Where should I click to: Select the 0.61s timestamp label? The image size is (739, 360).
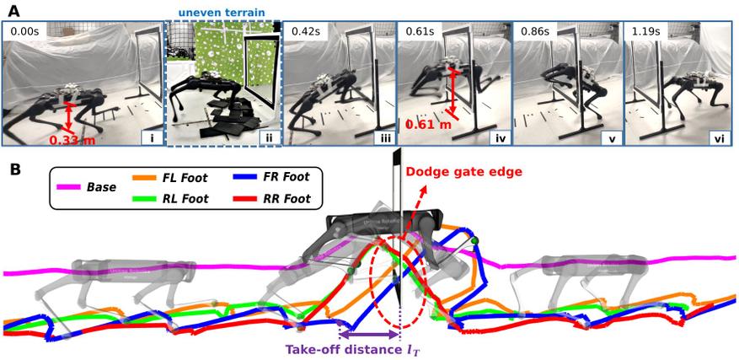tap(419, 33)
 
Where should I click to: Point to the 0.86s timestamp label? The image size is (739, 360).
tap(533, 33)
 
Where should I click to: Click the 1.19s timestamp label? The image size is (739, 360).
tap(647, 33)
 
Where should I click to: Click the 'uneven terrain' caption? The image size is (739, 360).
tap(224, 13)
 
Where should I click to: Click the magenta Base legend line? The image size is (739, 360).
tap(69, 187)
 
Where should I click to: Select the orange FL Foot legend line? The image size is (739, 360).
tap(145, 178)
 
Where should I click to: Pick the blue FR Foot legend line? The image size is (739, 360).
tap(244, 178)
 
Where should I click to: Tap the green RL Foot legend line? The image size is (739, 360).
tap(145, 199)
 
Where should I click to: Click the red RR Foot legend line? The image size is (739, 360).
tap(244, 199)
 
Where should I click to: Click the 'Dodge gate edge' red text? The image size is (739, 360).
tap(464, 172)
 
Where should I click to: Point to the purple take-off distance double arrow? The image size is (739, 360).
tap(369, 335)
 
